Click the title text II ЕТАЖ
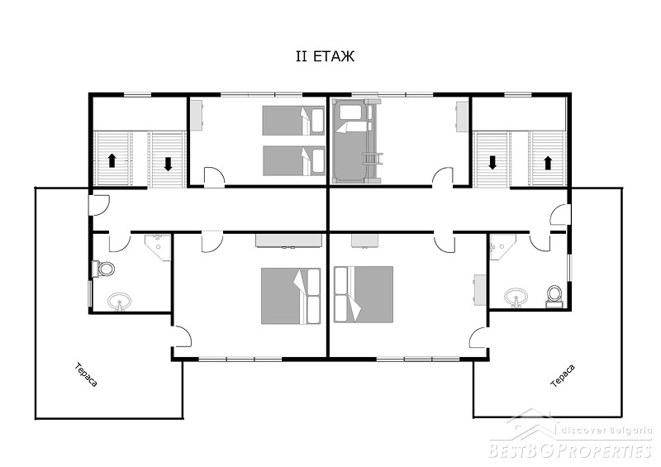325,56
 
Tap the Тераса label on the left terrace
87,374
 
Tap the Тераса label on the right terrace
563,376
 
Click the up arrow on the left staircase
112,160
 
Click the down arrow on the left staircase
169,164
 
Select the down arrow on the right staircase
492,162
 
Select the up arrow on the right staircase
548,163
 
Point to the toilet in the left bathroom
104,269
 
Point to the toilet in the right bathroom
554,296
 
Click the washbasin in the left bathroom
119,302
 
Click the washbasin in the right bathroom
516,297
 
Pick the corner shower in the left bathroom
158,248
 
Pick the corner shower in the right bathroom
502,247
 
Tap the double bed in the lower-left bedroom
291,296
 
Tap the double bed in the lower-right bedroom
364,294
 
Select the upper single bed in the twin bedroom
293,120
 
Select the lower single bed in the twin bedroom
293,160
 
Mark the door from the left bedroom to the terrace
182,336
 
